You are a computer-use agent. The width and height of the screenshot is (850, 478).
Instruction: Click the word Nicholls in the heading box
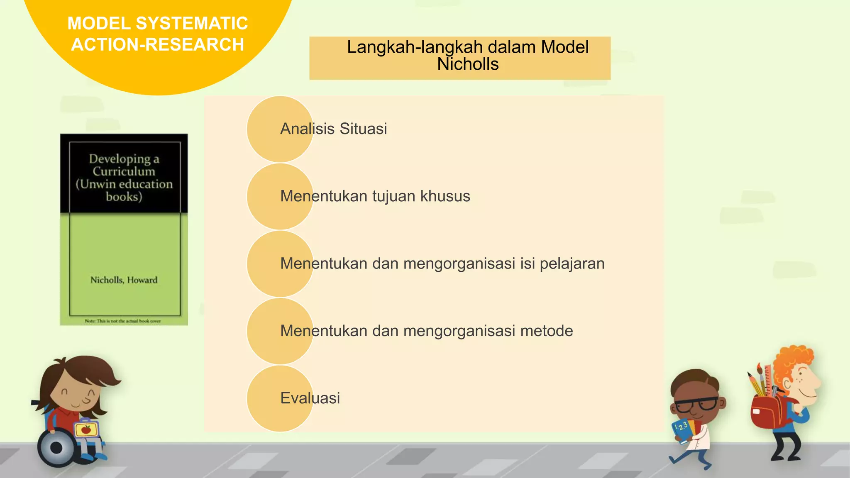tap(468, 64)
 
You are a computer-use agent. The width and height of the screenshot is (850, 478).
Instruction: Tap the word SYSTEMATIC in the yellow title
tap(192, 23)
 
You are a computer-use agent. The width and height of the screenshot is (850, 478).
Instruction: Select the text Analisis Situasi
tap(333, 129)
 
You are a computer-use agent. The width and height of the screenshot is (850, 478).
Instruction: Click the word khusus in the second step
tap(445, 196)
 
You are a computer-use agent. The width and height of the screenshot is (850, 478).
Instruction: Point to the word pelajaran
tap(572, 263)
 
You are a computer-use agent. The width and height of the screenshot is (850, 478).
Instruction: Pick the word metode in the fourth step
tap(546, 331)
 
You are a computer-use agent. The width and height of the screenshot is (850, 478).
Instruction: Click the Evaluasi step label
tap(310, 398)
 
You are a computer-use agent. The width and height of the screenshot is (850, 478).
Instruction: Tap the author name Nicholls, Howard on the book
tap(124, 280)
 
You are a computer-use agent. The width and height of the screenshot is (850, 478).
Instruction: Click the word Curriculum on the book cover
tap(124, 171)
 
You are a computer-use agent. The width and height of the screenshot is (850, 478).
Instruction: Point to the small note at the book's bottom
tap(123, 321)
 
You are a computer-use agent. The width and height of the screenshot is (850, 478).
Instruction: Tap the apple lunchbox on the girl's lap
tap(86, 429)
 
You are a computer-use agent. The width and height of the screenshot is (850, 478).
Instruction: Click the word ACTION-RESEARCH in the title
tap(157, 44)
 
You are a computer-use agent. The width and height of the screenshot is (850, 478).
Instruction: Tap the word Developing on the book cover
tap(120, 159)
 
